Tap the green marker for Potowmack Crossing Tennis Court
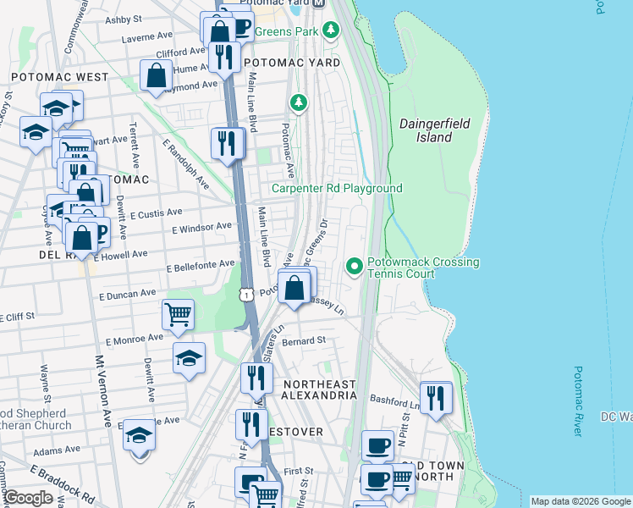pos(355,268)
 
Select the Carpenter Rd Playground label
pos(337,188)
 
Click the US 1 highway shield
pos(245,294)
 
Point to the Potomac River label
pos(577,400)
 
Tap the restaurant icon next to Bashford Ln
pos(436,396)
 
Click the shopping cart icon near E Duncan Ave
pos(179,314)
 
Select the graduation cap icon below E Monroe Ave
pos(189,357)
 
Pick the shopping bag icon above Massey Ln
pos(294,288)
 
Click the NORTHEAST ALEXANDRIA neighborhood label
pos(319,389)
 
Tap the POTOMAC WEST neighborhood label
pos(59,77)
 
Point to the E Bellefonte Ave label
pos(201,265)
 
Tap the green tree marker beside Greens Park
pos(331,31)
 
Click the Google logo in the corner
pos(28,498)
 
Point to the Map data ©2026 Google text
pos(581,501)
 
